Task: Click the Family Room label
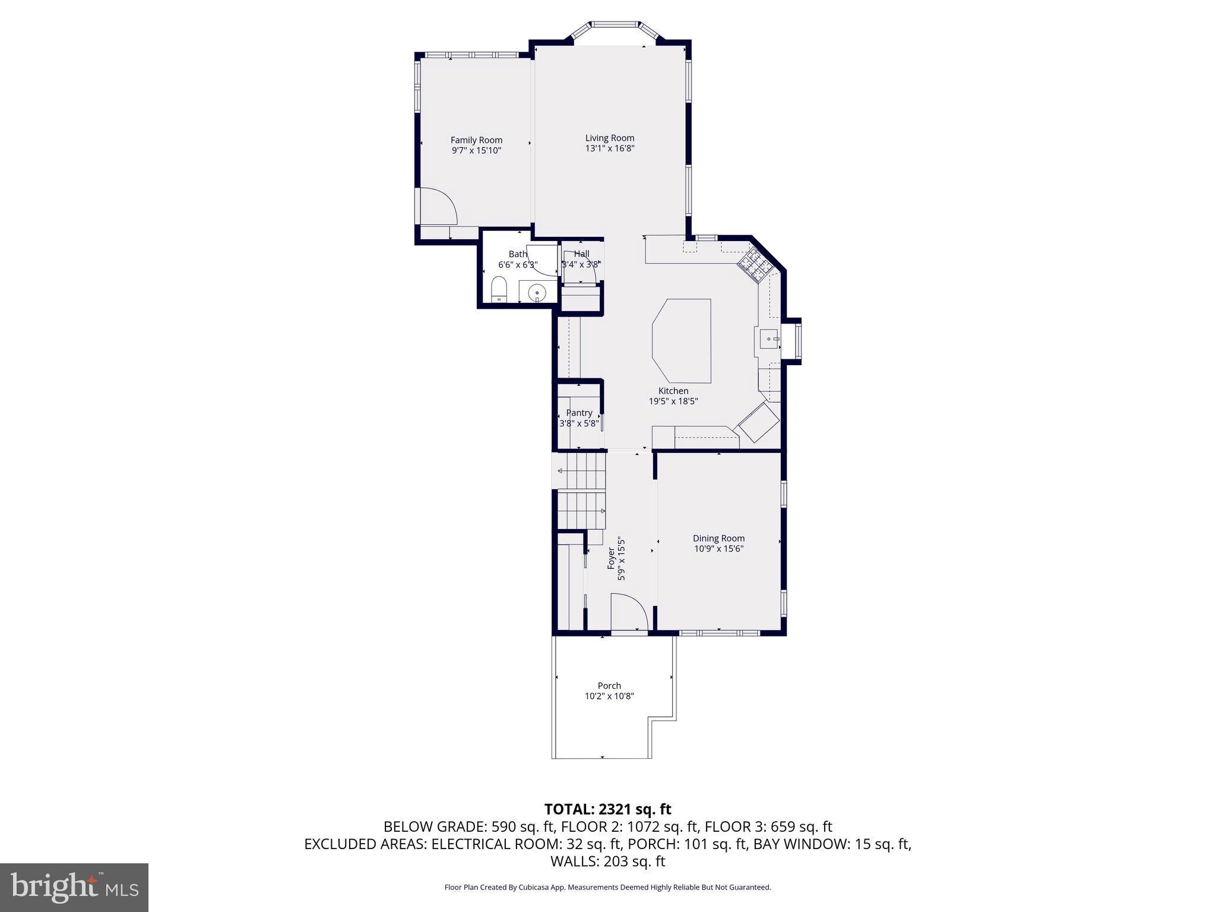pyautogui.click(x=476, y=140)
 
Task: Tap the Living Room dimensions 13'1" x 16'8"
pyautogui.click(x=610, y=148)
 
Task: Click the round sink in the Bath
pyautogui.click(x=537, y=292)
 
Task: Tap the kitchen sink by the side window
pyautogui.click(x=768, y=339)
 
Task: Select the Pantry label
pyautogui.click(x=579, y=413)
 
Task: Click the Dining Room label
pyautogui.click(x=718, y=539)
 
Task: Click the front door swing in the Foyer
pyautogui.click(x=628, y=615)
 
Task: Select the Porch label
pyautogui.click(x=609, y=686)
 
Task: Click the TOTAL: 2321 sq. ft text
pyautogui.click(x=607, y=809)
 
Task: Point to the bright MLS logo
pyautogui.click(x=74, y=887)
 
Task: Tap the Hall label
pyautogui.click(x=581, y=254)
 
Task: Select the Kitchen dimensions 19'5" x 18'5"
pyautogui.click(x=673, y=401)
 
